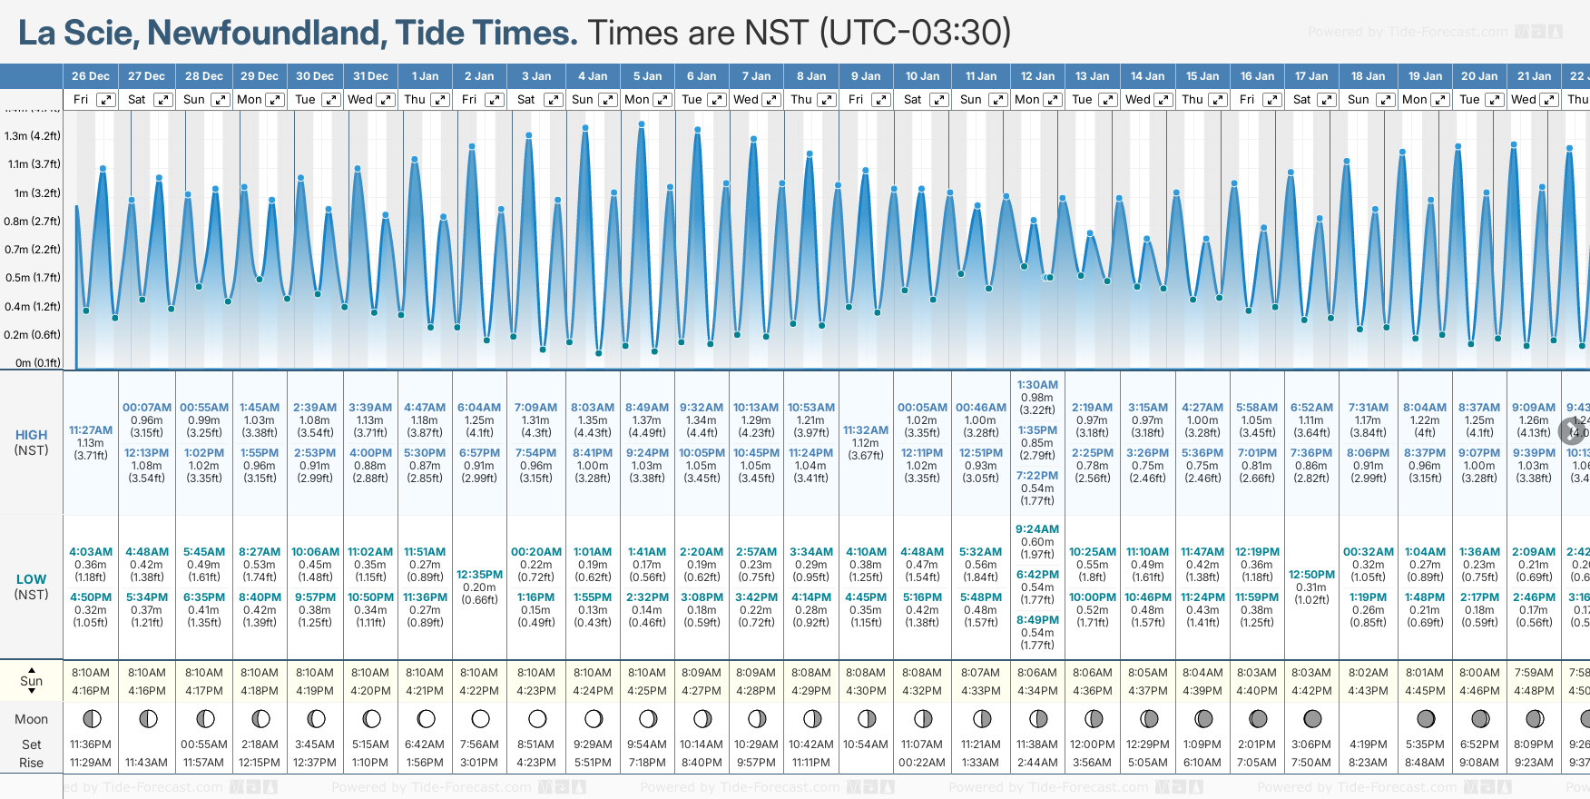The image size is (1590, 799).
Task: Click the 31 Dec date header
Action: pos(370,76)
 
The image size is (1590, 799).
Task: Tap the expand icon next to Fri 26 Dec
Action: pos(106,100)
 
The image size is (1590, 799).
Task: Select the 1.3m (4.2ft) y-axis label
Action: pos(32,136)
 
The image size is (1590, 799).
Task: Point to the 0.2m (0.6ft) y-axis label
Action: pos(32,334)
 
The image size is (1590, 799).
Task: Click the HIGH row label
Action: pos(31,435)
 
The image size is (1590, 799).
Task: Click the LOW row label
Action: pos(31,579)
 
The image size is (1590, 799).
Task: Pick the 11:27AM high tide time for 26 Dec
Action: pos(91,430)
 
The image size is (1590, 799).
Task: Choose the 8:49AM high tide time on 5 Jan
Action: pos(647,408)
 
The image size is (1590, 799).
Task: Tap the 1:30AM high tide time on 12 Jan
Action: pos(1037,385)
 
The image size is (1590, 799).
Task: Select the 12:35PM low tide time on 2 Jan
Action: pos(479,575)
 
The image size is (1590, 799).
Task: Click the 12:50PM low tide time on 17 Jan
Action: pos(1311,575)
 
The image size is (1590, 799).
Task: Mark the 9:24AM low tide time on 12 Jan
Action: pos(1037,529)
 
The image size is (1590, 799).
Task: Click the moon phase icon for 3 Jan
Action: pos(537,719)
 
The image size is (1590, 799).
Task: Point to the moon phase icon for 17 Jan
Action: pos(1312,719)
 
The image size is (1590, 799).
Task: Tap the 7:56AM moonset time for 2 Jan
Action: pos(479,745)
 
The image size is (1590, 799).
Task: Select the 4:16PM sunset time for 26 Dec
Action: pos(91,691)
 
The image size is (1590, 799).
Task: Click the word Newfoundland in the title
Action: pos(267,33)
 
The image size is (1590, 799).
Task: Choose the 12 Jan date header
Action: pos(1037,76)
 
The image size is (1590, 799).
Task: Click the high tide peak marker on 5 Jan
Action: pos(642,123)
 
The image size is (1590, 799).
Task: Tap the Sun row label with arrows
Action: pos(31,681)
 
